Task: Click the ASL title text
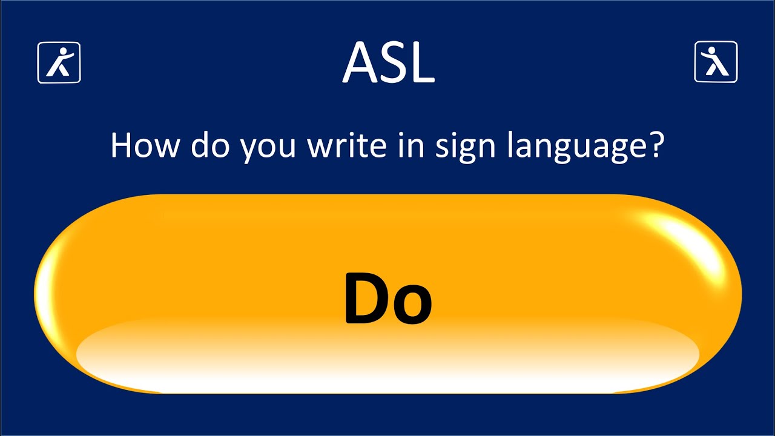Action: point(388,63)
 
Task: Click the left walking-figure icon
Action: point(59,62)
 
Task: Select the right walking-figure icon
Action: point(716,62)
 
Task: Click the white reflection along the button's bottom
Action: point(387,363)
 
